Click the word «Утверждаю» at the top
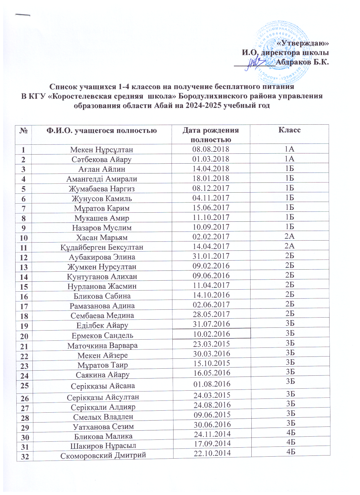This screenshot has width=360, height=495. coord(303,43)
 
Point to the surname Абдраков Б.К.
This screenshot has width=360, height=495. coord(302,62)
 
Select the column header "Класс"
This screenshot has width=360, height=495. coord(289,130)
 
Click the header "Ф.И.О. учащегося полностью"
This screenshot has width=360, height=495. coord(102,131)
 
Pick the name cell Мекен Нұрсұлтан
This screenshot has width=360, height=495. coord(102,150)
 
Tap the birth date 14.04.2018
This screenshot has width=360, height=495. coord(211,169)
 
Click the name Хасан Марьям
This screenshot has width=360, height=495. coord(102,237)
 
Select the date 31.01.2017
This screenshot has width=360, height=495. coord(211,256)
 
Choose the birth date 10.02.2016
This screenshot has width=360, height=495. coord(211,334)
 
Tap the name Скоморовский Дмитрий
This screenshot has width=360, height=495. coord(103,456)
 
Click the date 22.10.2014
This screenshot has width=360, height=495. coord(212,453)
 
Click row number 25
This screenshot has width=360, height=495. coord(25,385)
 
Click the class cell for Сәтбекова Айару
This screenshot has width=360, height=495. coord(289,159)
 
